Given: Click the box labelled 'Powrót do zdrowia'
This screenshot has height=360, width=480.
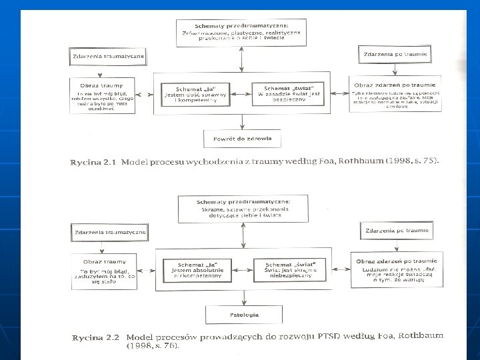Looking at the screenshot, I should [242, 139].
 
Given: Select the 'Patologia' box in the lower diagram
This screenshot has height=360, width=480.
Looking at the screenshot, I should [242, 314].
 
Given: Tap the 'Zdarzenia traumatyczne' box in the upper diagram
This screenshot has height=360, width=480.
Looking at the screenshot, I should [108, 56].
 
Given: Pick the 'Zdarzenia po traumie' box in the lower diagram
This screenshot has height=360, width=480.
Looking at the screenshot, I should [395, 231].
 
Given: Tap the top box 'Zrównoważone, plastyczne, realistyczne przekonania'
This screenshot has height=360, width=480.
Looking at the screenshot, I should [241, 33].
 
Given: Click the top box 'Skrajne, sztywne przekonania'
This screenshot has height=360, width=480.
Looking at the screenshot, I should [242, 208].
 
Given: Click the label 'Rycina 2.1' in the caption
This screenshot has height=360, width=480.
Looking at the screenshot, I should [91, 163].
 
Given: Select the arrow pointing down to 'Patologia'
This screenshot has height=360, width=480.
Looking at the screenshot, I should [241, 298].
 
